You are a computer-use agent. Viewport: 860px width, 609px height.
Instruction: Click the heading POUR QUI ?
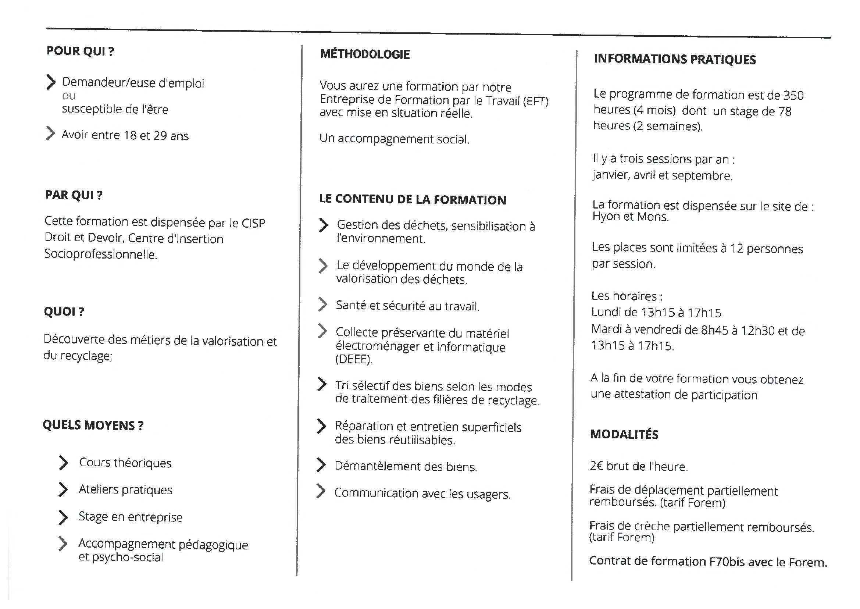pyautogui.click(x=80, y=51)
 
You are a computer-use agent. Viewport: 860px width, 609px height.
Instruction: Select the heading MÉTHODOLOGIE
pyautogui.click(x=365, y=54)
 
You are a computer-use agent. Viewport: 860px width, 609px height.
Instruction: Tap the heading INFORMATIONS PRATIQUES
pyautogui.click(x=675, y=59)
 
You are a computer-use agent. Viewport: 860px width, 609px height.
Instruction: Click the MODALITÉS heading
pyautogui.click(x=624, y=434)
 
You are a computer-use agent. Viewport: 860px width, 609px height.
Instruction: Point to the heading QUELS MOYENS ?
pyautogui.click(x=93, y=425)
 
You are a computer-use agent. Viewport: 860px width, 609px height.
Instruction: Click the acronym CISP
pyautogui.click(x=253, y=223)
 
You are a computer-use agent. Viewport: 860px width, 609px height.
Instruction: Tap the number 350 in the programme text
pyautogui.click(x=793, y=96)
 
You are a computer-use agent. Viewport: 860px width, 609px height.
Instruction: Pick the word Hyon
pyautogui.click(x=605, y=216)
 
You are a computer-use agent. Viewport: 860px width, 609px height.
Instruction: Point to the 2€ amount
pyautogui.click(x=596, y=466)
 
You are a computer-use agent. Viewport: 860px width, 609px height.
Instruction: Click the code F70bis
pyautogui.click(x=727, y=561)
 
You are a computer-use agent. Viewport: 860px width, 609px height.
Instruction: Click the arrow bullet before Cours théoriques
pyautogui.click(x=64, y=463)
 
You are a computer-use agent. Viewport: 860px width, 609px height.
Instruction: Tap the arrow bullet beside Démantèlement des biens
pyautogui.click(x=321, y=465)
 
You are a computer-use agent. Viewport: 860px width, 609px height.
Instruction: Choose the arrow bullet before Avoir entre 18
pyautogui.click(x=50, y=133)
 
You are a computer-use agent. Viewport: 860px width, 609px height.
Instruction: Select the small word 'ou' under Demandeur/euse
pyautogui.click(x=69, y=96)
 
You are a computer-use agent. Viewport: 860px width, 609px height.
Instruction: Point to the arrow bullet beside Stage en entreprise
pyautogui.click(x=63, y=517)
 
